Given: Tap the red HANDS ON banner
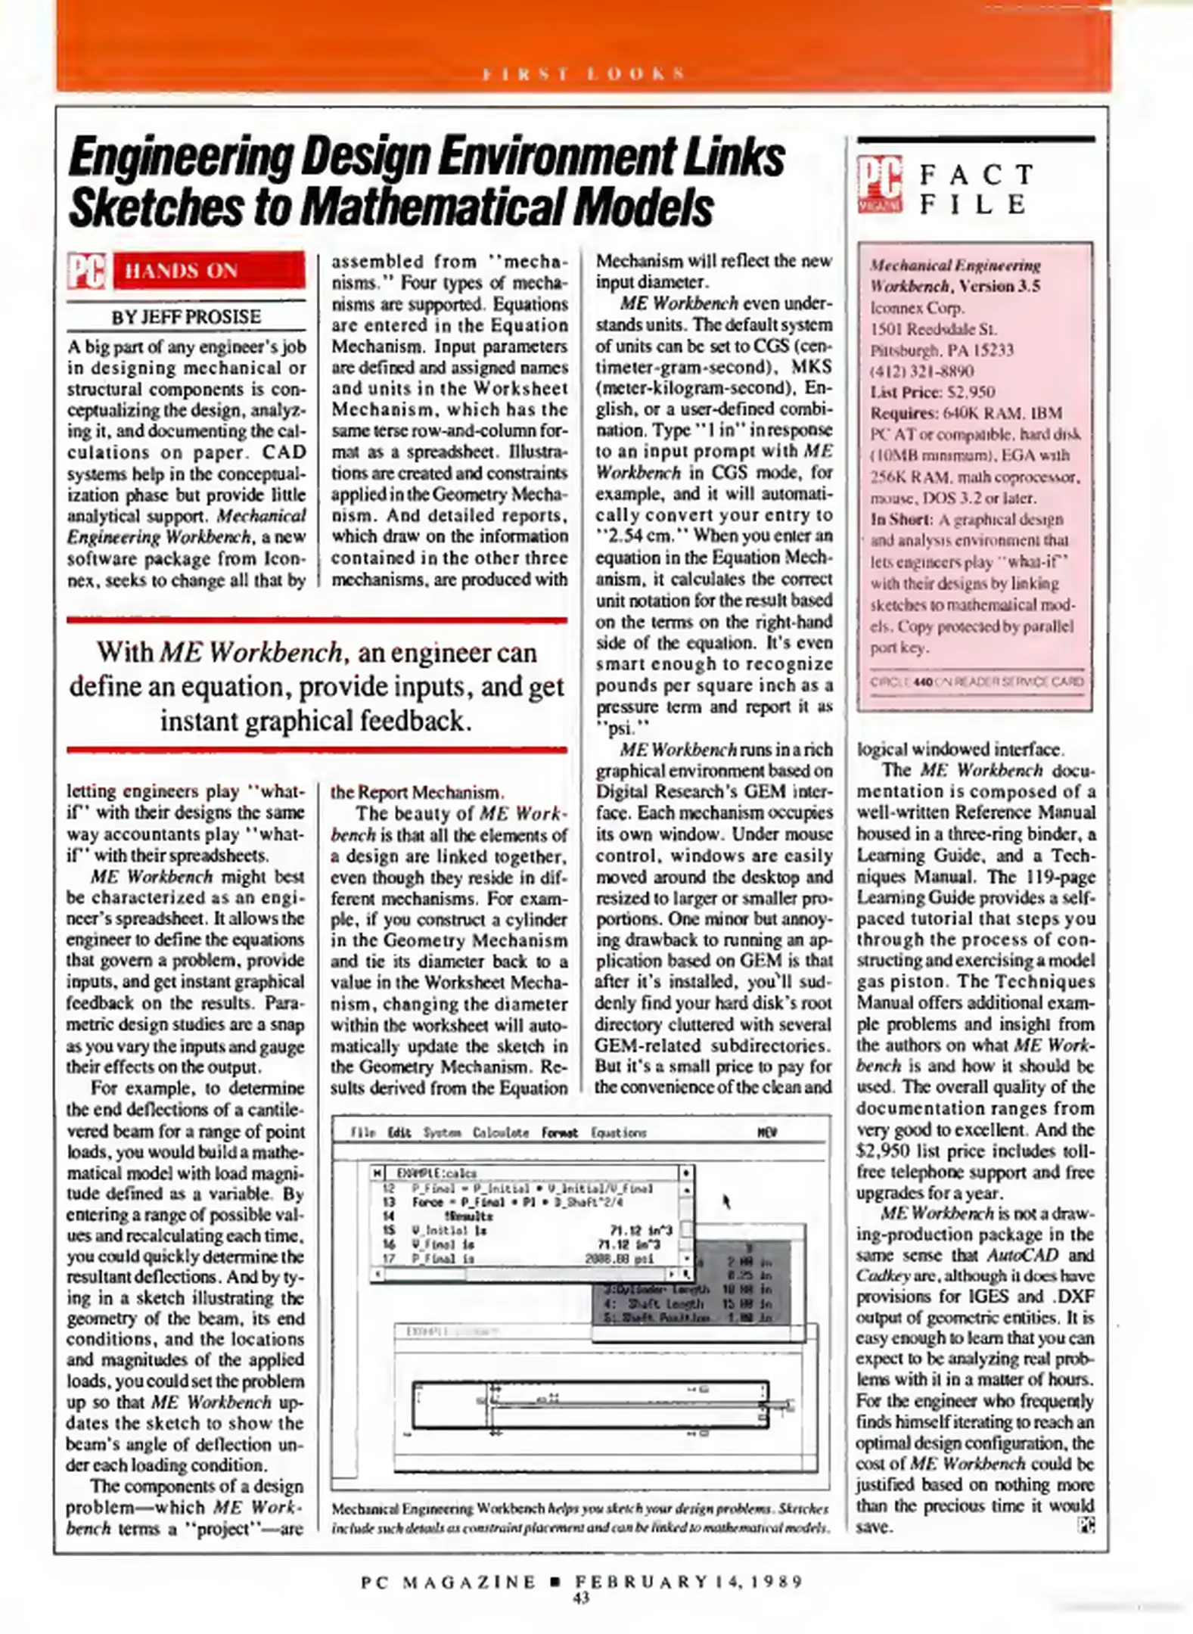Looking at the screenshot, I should [x=209, y=271].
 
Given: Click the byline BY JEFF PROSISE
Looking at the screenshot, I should [x=186, y=316].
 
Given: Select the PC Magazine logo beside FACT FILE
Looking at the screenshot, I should [x=880, y=185].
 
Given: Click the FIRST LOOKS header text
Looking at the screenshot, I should [x=583, y=73].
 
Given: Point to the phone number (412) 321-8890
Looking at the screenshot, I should [x=921, y=371].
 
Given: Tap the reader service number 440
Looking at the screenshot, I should [x=923, y=682].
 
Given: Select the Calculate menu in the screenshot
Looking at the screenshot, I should [x=500, y=1132].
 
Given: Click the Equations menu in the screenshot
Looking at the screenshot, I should [x=618, y=1132].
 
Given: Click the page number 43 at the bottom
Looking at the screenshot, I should [x=581, y=1598].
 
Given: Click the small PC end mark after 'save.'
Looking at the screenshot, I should [x=1086, y=1526].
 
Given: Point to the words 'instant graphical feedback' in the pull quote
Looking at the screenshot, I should [x=315, y=720].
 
